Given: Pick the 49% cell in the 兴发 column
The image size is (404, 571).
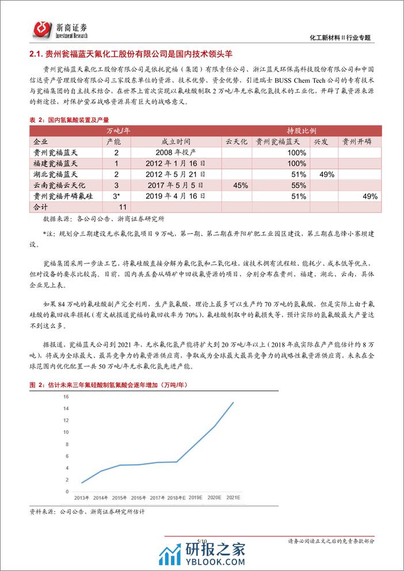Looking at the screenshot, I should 326,175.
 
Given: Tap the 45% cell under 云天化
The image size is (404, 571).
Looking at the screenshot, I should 239,186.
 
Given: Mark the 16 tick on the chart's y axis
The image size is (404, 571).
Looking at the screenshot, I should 66,397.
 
